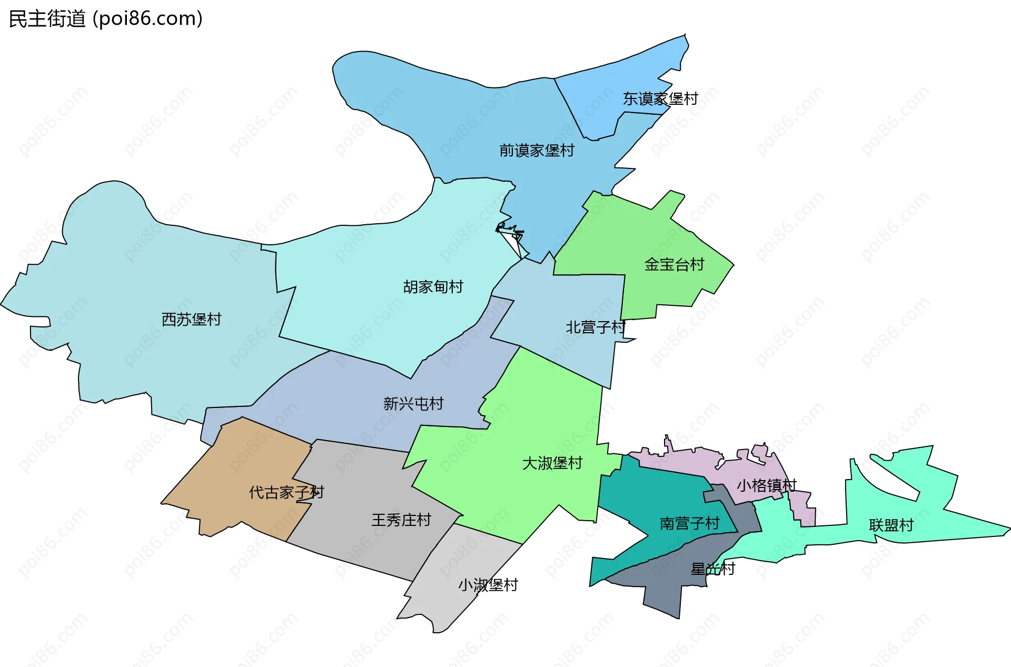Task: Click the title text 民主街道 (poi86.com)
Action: (105, 19)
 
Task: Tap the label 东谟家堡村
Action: (660, 99)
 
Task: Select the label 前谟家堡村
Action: (537, 151)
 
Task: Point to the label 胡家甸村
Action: (433, 287)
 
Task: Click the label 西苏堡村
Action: (191, 320)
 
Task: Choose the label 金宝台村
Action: (674, 264)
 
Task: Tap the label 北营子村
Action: (595, 327)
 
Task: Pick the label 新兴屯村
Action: (413, 404)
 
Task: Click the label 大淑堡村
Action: (552, 463)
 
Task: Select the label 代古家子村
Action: (286, 493)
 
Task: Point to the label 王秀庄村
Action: (401, 520)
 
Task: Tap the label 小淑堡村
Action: (488, 585)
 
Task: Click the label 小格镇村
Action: (766, 485)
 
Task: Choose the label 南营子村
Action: (689, 523)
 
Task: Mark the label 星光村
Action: (712, 569)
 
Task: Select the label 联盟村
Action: (891, 525)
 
